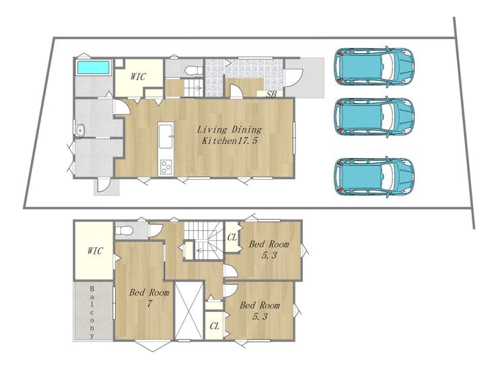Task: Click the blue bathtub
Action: click(x=93, y=67)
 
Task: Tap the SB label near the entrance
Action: click(x=271, y=94)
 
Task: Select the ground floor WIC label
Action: click(x=138, y=77)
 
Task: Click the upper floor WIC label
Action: click(x=95, y=251)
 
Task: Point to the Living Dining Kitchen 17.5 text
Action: click(x=229, y=135)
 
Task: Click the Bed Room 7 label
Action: click(x=149, y=298)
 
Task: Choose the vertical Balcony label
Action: click(x=92, y=312)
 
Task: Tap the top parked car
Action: click(x=374, y=67)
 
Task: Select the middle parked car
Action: click(x=374, y=117)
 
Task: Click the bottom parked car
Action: click(x=374, y=176)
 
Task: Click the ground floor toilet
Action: click(x=193, y=70)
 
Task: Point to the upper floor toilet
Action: click(x=124, y=230)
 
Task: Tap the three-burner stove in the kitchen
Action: click(x=166, y=167)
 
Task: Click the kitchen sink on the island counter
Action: click(x=166, y=136)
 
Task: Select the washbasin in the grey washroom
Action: click(x=79, y=130)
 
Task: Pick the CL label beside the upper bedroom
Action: click(x=232, y=237)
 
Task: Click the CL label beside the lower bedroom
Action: click(x=215, y=326)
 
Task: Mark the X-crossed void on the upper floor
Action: click(x=189, y=310)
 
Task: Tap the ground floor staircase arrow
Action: click(x=194, y=88)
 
